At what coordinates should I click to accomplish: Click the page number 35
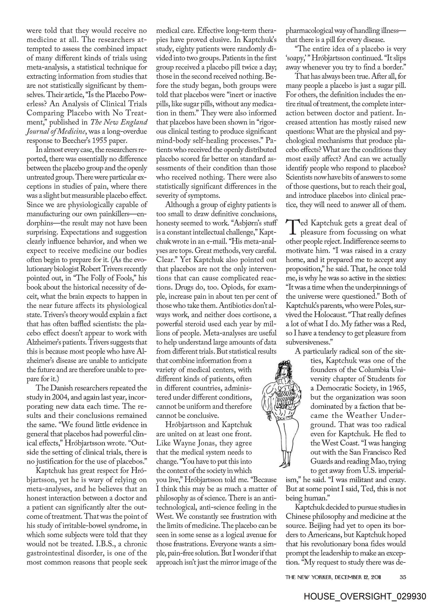(402, 570)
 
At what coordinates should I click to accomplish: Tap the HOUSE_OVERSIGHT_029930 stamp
(365, 596)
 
